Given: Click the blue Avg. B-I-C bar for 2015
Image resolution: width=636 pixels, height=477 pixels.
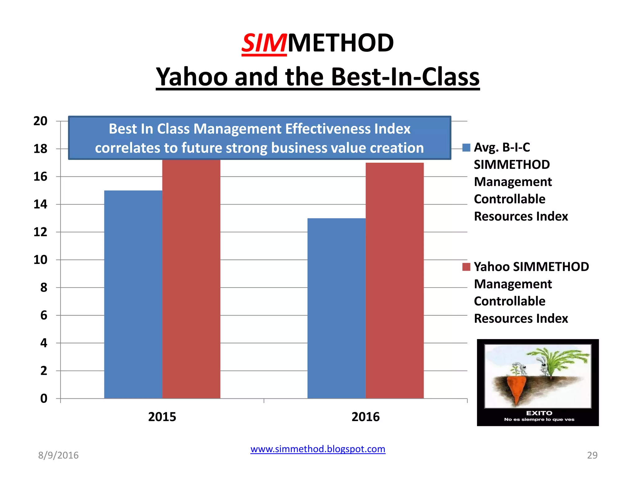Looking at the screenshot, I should [133, 294].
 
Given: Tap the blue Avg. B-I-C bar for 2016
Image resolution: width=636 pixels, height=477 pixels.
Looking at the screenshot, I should [336, 308].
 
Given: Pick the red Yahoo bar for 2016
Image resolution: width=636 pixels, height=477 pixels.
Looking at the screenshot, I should [395, 280].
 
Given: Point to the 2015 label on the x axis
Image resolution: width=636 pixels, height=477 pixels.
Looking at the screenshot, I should [162, 417].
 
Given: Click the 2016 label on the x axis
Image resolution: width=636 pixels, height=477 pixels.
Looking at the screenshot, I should [366, 417].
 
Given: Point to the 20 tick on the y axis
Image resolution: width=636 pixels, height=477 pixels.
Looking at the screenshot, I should [40, 121].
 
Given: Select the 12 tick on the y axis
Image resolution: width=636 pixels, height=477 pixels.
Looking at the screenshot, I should [40, 232].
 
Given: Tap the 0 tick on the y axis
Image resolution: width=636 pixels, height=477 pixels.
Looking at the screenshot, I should [44, 398].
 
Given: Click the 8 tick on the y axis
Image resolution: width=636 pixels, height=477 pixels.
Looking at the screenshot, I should [44, 288].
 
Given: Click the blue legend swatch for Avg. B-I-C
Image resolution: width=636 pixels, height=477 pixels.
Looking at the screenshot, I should [466, 148].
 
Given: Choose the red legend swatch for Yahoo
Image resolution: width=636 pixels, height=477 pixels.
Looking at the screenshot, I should [466, 267].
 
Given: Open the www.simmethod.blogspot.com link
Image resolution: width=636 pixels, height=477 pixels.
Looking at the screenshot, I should [318, 449].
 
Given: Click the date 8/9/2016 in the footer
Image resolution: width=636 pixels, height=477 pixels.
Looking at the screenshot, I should [58, 455].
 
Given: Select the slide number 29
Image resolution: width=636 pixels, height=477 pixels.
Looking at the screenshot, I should [592, 455].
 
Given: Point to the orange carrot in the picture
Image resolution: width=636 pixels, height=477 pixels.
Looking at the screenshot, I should [516, 388].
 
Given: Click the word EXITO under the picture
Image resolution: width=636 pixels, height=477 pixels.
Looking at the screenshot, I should [539, 413].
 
